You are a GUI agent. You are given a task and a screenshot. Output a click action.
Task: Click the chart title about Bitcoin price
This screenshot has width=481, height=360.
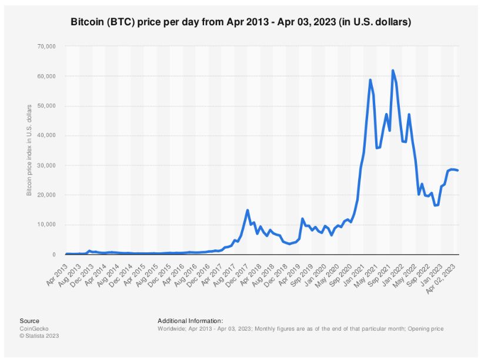(x=240, y=22)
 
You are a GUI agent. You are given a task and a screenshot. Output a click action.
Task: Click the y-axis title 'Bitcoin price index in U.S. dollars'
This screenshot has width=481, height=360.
(x=29, y=151)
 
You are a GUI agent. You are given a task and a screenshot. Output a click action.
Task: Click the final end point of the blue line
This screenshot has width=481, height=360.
(x=458, y=171)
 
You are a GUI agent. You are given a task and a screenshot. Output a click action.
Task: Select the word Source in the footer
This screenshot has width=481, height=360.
(x=29, y=321)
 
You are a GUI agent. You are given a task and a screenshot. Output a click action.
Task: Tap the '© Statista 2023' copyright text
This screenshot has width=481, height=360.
(x=39, y=336)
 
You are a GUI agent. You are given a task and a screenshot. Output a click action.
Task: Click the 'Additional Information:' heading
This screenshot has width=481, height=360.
(x=190, y=321)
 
